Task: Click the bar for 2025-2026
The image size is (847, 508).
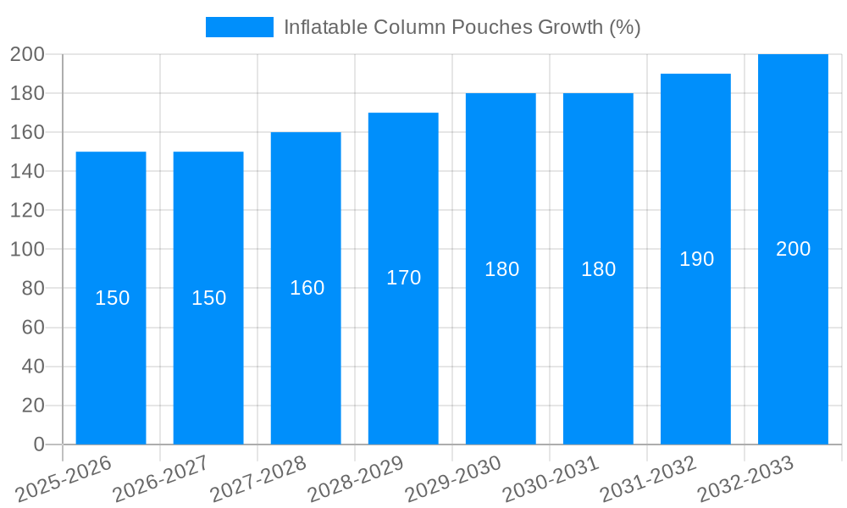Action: click(111, 339)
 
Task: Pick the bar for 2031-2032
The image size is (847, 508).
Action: click(695, 339)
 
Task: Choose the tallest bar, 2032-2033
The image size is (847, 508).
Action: click(793, 339)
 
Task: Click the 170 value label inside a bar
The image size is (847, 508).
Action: click(403, 278)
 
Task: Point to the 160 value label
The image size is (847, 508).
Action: click(307, 288)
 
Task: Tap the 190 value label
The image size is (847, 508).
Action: click(696, 259)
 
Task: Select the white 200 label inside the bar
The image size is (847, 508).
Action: click(793, 249)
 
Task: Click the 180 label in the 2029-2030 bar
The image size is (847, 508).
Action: click(501, 269)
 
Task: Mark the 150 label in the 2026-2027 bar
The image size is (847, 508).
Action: click(208, 298)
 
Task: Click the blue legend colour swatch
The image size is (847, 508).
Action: click(240, 27)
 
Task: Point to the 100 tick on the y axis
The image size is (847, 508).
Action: click(27, 250)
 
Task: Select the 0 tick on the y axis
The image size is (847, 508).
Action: click(38, 444)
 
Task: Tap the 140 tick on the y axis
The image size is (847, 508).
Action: click(27, 172)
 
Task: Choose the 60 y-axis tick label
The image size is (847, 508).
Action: click(32, 328)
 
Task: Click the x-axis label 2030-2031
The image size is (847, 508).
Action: click(551, 478)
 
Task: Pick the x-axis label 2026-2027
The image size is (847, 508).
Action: click(161, 478)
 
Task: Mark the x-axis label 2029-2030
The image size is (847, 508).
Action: click(453, 478)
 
